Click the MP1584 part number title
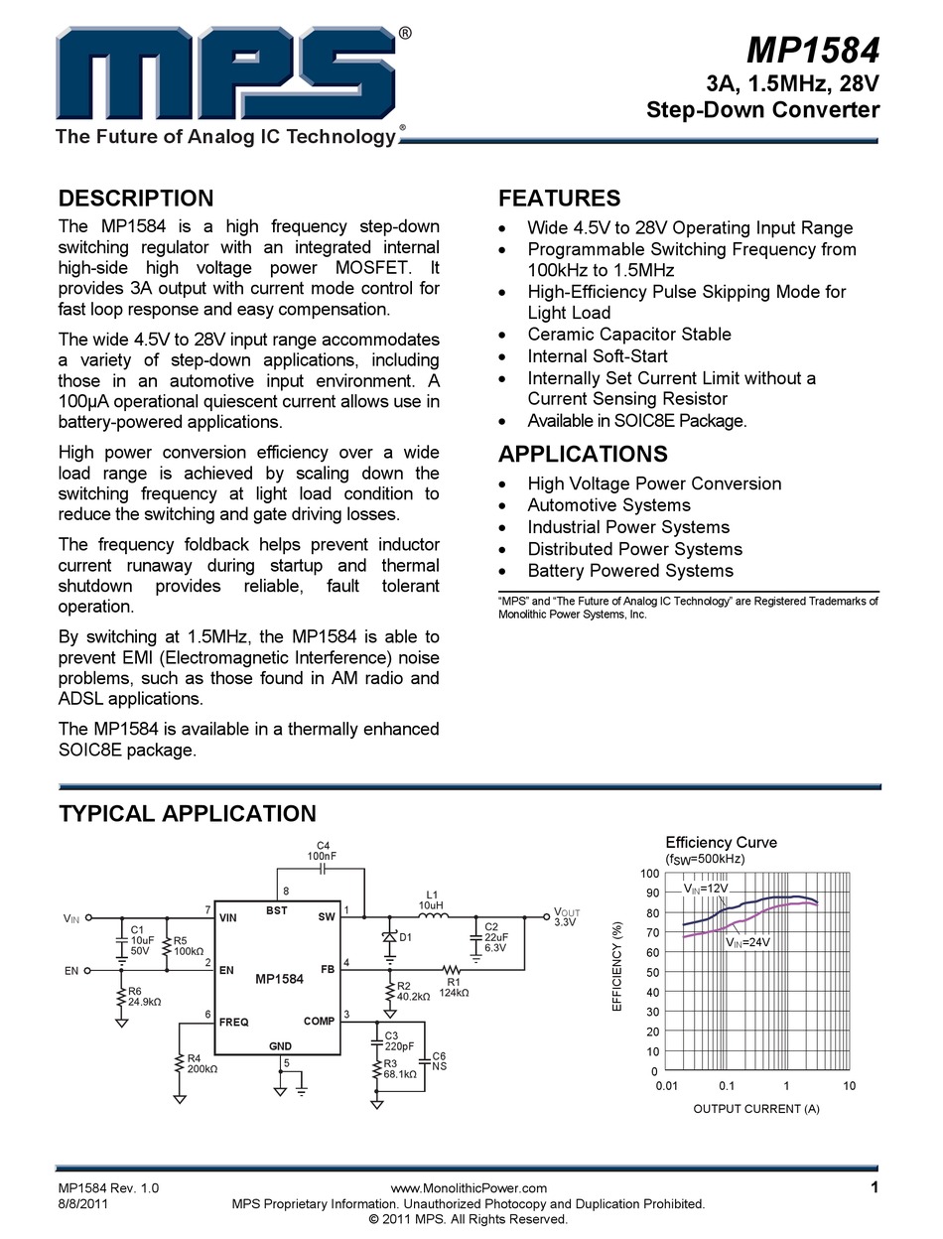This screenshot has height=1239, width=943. pyautogui.click(x=813, y=51)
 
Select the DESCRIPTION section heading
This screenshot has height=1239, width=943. pyautogui.click(x=136, y=198)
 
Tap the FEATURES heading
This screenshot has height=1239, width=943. pyautogui.click(x=559, y=198)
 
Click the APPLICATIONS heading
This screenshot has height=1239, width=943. pyautogui.click(x=583, y=454)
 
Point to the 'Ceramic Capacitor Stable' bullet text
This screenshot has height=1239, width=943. pyautogui.click(x=629, y=335)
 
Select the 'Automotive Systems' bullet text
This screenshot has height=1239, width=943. pyautogui.click(x=608, y=505)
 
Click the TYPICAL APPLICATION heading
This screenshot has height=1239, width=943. pyautogui.click(x=188, y=813)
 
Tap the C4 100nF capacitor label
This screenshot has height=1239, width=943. pyautogui.click(x=321, y=850)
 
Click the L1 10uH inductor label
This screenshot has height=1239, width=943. pyautogui.click(x=432, y=900)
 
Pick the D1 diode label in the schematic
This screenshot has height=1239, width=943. pyautogui.click(x=405, y=937)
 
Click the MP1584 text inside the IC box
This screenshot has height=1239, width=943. pyautogui.click(x=279, y=978)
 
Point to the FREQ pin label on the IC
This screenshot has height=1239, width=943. pyautogui.click(x=233, y=1022)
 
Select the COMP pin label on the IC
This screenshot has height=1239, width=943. pyautogui.click(x=319, y=1022)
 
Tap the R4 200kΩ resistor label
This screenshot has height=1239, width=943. pyautogui.click(x=202, y=1063)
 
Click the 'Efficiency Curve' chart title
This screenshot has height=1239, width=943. pyautogui.click(x=721, y=842)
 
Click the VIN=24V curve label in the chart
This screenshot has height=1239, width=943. pyautogui.click(x=747, y=941)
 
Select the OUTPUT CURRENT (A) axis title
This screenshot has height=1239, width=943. pyautogui.click(x=755, y=1108)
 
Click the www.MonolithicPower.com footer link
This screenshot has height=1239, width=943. pyautogui.click(x=469, y=1187)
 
